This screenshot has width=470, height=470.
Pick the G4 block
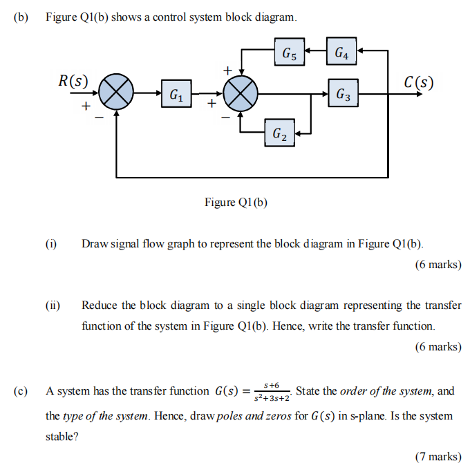[341, 51]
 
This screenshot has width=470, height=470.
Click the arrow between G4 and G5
[316, 50]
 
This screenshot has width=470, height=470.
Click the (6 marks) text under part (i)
[438, 264]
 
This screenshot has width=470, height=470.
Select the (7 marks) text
[438, 455]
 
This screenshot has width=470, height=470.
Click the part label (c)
[21, 391]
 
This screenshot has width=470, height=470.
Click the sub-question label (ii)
[53, 305]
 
